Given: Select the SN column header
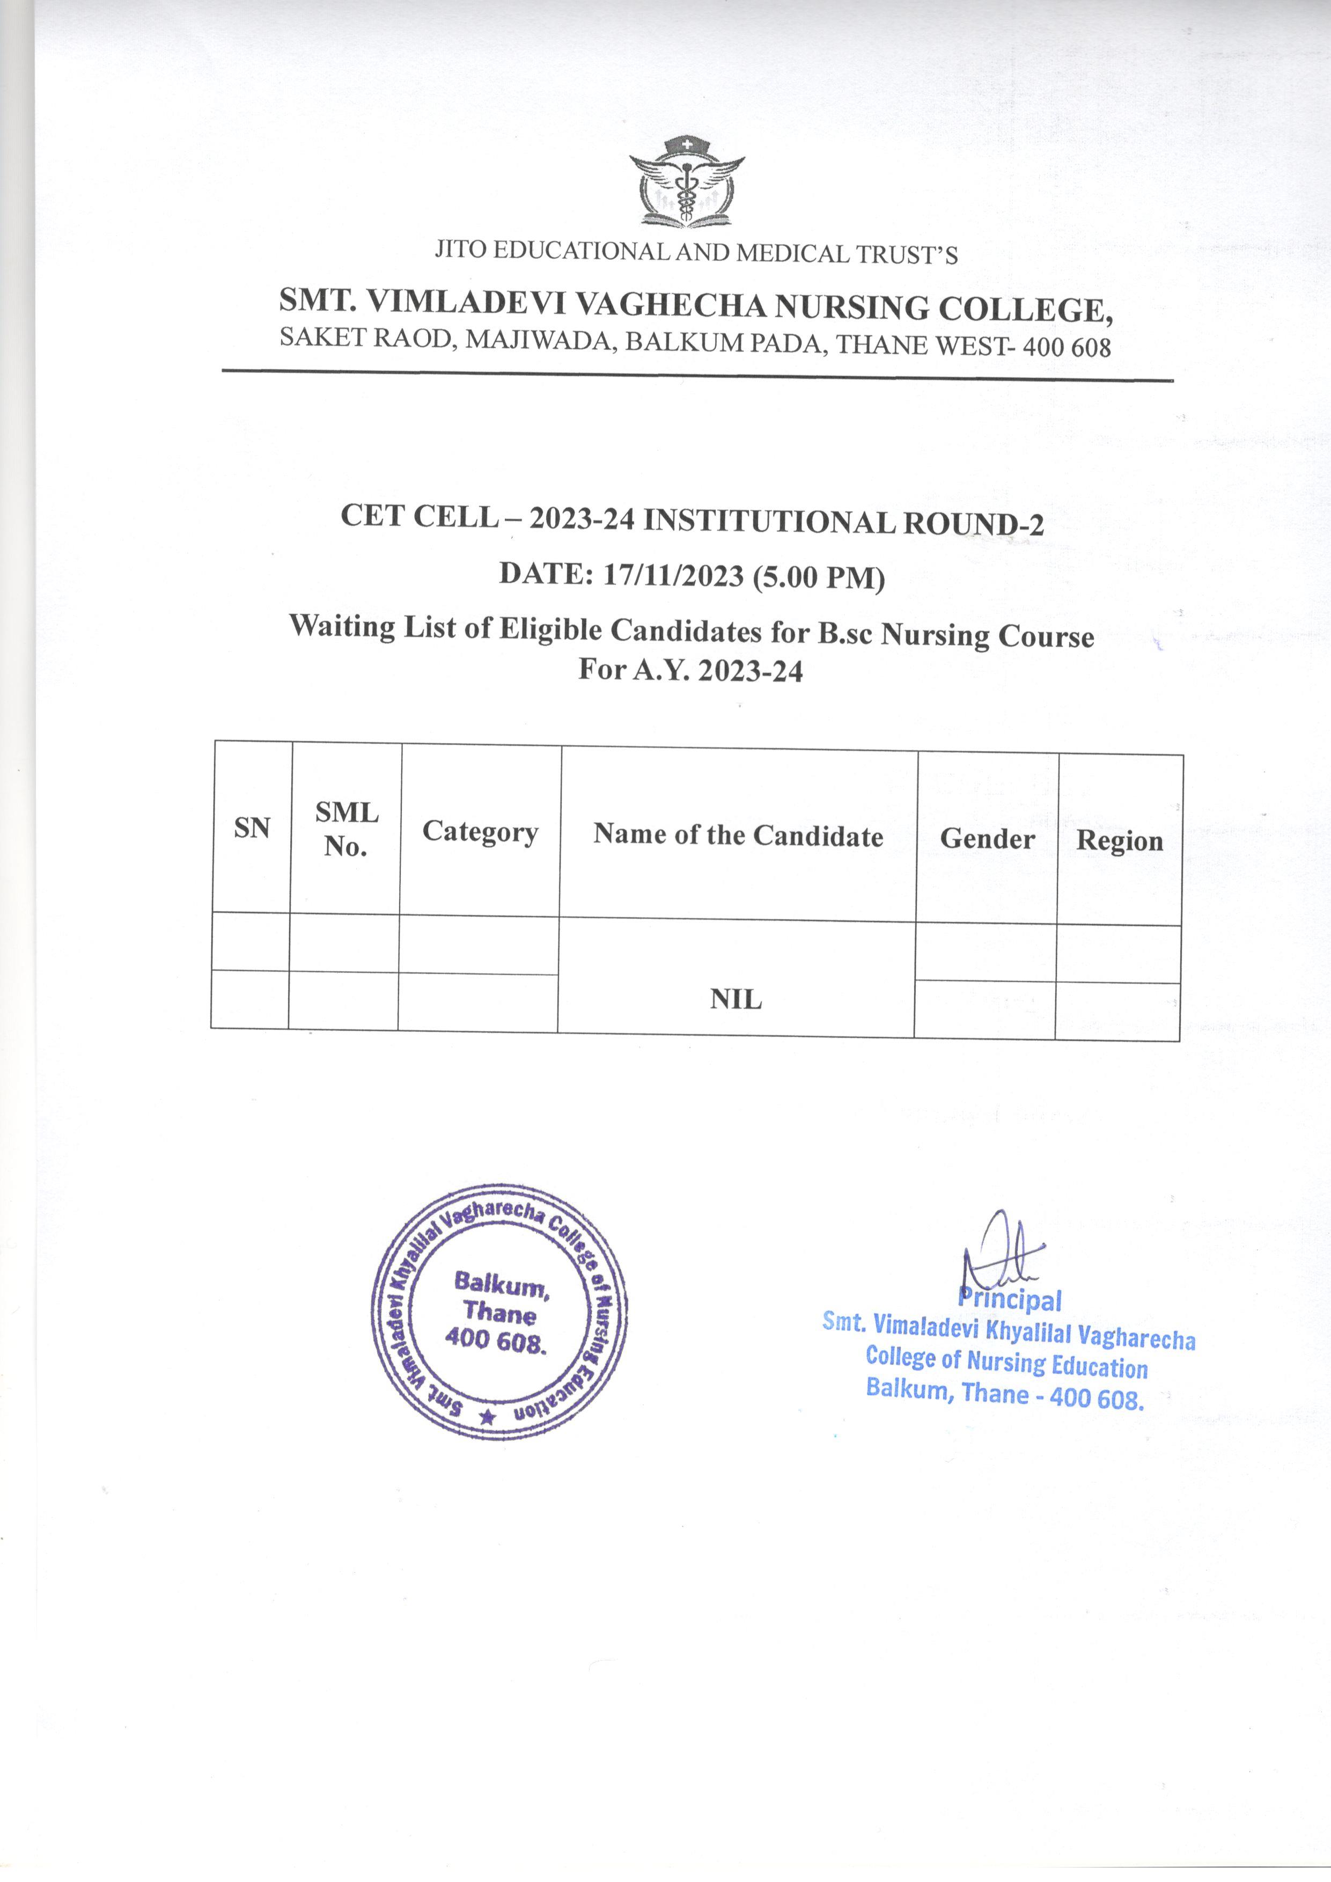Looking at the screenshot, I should point(252,829).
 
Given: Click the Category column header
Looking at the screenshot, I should point(480,832).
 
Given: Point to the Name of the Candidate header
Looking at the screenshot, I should point(738,835).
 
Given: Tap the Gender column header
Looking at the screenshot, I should point(987,839).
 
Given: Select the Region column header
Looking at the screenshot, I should point(1120,841).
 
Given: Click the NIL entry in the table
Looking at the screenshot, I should point(736,1000).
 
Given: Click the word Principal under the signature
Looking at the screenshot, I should point(1010,1300).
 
